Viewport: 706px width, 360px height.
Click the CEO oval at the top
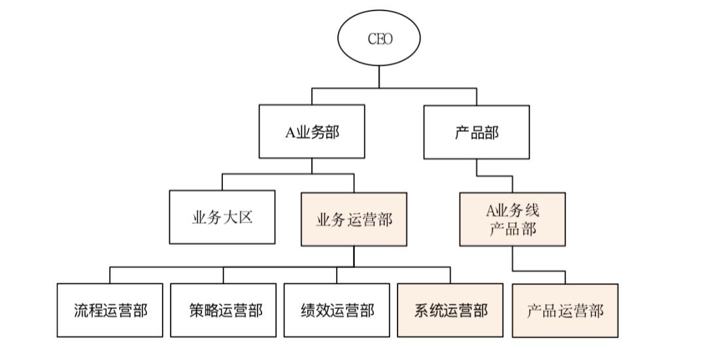click(x=379, y=39)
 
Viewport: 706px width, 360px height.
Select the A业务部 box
click(x=312, y=132)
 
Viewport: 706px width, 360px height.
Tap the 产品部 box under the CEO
click(x=477, y=132)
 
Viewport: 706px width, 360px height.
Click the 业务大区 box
click(x=222, y=217)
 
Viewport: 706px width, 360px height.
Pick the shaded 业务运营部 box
click(x=354, y=220)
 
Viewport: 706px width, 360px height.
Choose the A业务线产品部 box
click(x=513, y=220)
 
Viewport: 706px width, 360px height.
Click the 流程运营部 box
click(x=110, y=310)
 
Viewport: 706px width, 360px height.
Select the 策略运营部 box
click(x=224, y=310)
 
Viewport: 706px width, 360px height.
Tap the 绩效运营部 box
click(x=337, y=310)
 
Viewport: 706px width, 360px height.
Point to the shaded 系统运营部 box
click(x=450, y=310)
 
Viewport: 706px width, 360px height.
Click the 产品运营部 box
click(x=565, y=310)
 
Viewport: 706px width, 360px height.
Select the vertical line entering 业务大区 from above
click(x=222, y=182)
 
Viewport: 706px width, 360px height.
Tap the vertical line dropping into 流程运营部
click(x=110, y=275)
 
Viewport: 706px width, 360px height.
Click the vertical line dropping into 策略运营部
click(x=224, y=275)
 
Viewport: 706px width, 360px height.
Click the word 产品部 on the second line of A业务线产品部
click(x=513, y=229)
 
